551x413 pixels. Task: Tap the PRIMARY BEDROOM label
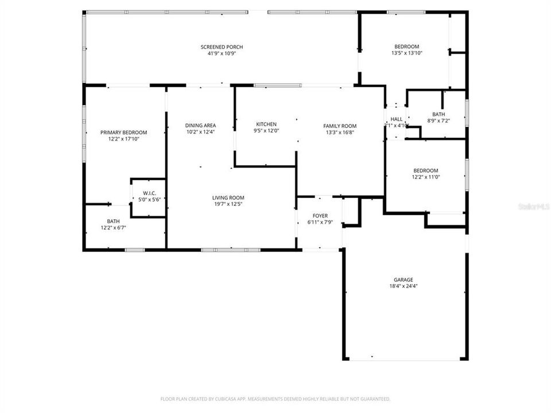[x=120, y=132]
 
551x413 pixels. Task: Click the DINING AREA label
[x=200, y=126]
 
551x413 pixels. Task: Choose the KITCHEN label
[x=266, y=124]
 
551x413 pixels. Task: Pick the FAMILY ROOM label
[x=340, y=126]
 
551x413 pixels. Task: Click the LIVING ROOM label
[x=228, y=198]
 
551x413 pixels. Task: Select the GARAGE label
[x=403, y=280]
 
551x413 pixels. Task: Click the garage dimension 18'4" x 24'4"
[x=403, y=286]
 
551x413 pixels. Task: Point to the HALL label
[x=396, y=119]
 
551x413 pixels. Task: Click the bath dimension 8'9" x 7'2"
[x=439, y=120]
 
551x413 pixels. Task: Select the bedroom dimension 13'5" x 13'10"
[x=406, y=53]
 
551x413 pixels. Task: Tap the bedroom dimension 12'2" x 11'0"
[x=426, y=177]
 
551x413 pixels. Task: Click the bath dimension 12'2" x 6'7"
[x=113, y=228]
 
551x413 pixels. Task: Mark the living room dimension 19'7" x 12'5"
[x=228, y=204]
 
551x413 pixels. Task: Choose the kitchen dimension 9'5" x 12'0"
[x=266, y=131]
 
